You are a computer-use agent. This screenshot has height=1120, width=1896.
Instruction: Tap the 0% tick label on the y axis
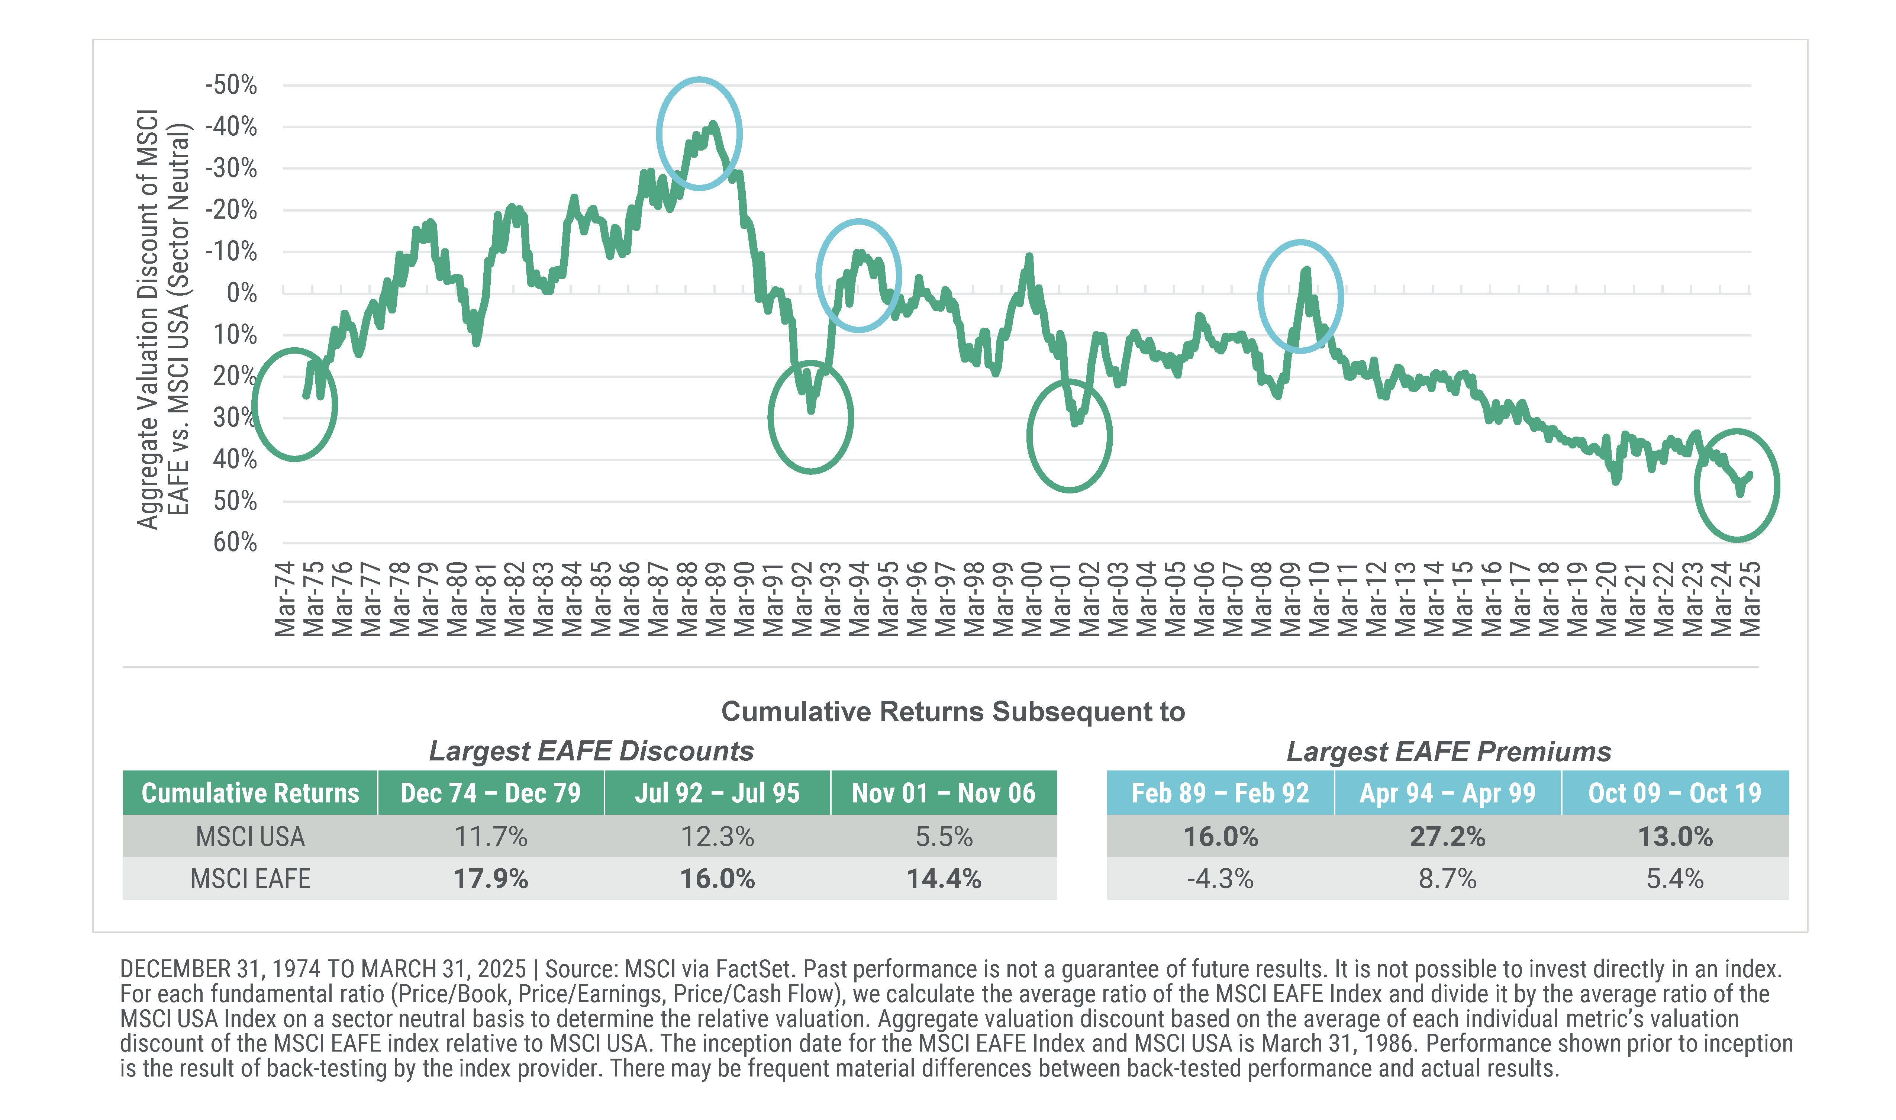[241, 293]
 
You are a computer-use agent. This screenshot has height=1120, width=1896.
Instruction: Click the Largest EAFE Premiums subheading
[1448, 752]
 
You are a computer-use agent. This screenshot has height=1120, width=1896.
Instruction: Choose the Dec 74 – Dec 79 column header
[490, 793]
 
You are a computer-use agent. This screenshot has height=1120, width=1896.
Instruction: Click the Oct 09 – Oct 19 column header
[1674, 793]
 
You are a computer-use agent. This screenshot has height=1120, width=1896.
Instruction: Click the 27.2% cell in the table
[1447, 837]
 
